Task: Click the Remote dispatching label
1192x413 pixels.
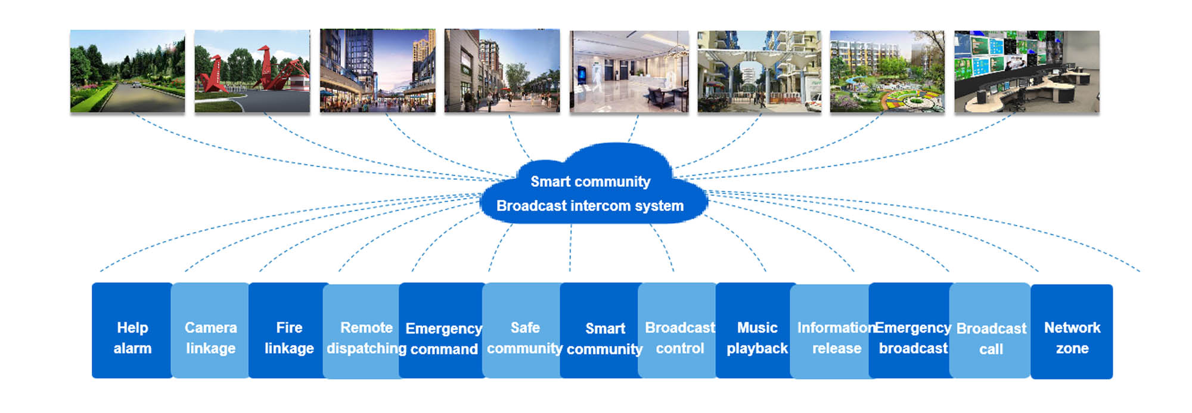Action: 366,338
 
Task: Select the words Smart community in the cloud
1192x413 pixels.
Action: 590,181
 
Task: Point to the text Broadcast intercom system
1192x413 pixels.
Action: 590,206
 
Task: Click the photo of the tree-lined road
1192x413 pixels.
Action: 128,71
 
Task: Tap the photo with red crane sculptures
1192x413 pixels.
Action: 252,71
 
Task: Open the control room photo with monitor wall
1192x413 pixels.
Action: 1026,72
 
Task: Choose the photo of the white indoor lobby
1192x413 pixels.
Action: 629,72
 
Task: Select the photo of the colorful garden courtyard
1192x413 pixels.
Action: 887,72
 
